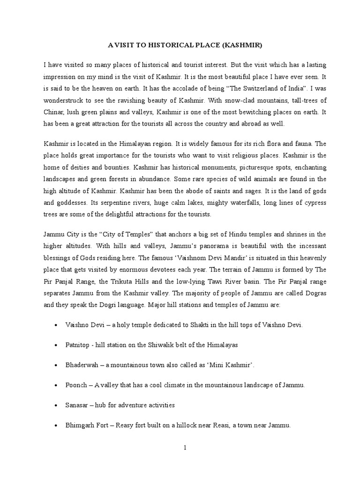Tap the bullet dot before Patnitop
pyautogui.click(x=56, y=345)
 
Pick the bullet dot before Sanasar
pyautogui.click(x=56, y=405)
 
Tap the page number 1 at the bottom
pyautogui.click(x=185, y=448)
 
